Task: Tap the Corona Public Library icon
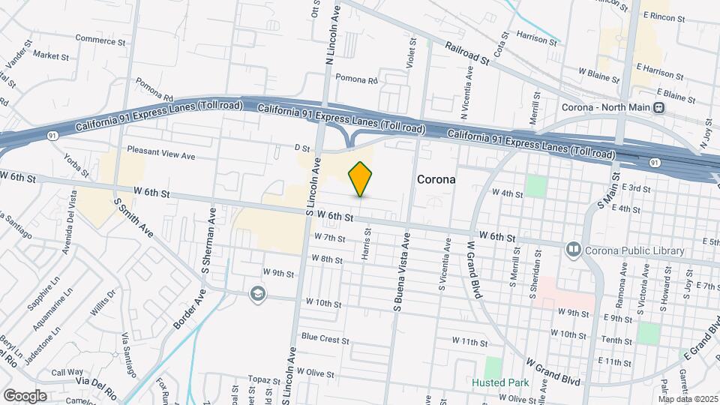click(x=574, y=248)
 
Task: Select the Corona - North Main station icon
click(x=659, y=107)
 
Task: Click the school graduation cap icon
click(x=258, y=293)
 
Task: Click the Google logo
click(x=25, y=395)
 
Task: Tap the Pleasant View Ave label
click(x=160, y=156)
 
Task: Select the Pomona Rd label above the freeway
click(x=355, y=78)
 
